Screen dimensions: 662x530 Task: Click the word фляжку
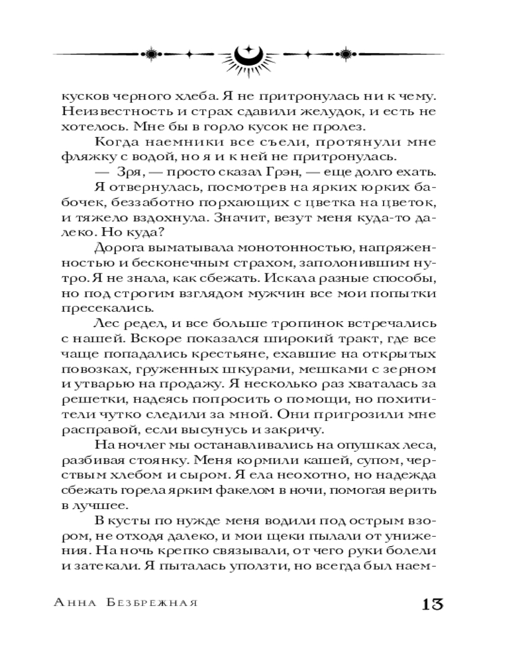[87, 156]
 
